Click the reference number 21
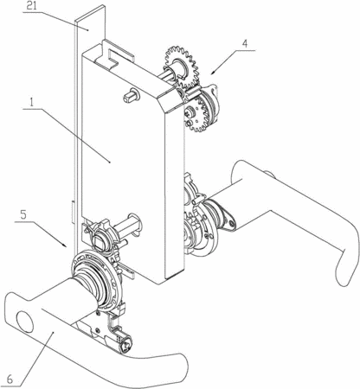32,6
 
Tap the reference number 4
245,44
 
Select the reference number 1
32,103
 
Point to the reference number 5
23,215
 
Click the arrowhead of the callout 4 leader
213,72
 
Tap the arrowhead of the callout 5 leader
65,245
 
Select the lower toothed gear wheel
198,114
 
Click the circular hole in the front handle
24,321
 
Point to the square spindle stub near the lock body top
132,95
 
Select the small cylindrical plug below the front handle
126,345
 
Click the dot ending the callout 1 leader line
110,163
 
